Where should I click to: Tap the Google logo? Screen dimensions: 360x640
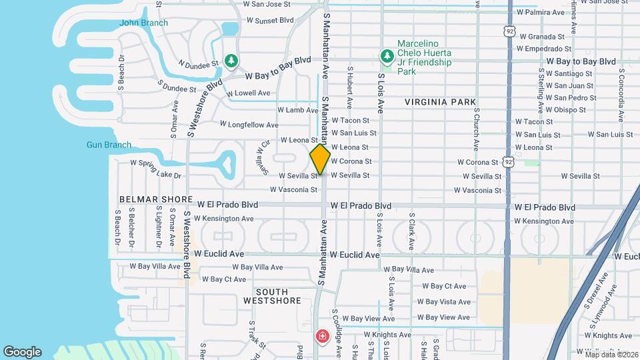click(22, 352)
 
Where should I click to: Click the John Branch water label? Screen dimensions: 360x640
click(143, 23)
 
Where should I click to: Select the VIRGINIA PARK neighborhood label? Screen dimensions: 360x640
click(440, 102)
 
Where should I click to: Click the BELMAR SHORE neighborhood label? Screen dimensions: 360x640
click(147, 199)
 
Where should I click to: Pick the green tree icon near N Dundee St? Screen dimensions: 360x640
click(231, 61)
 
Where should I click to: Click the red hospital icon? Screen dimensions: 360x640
click(323, 335)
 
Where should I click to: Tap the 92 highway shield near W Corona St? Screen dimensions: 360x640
click(509, 161)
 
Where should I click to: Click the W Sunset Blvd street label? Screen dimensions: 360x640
click(270, 20)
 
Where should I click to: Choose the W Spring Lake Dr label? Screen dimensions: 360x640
click(155, 169)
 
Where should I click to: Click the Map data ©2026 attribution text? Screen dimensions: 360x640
click(611, 354)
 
